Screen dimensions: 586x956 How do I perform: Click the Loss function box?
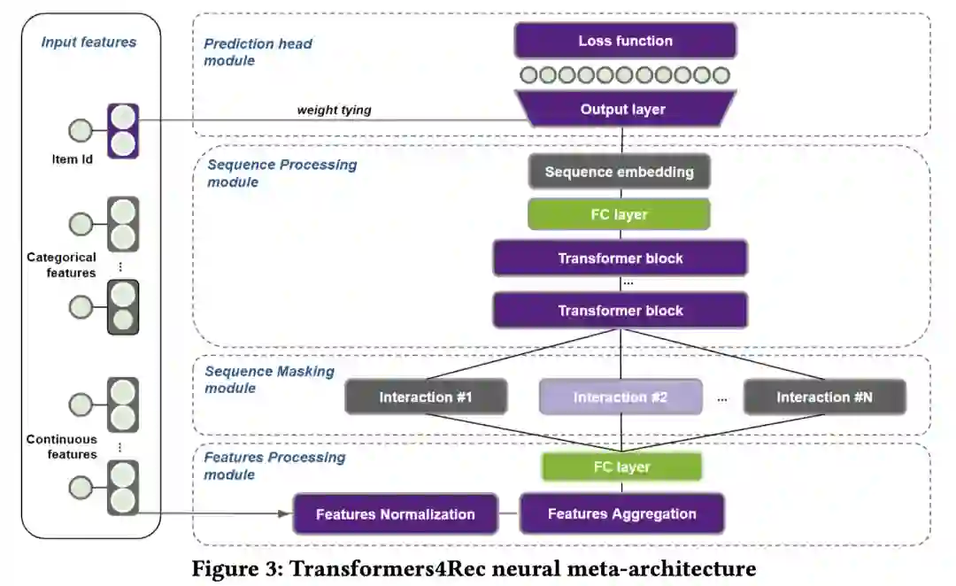tap(625, 41)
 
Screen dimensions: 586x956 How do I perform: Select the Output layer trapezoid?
tap(622, 109)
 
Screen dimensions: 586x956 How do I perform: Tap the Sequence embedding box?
tap(619, 172)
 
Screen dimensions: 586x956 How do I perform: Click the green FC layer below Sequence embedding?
tap(619, 214)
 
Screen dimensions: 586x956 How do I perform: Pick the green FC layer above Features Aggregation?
tap(621, 466)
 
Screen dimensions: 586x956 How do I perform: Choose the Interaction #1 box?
tap(426, 397)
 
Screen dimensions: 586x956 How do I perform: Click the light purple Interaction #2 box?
tap(620, 397)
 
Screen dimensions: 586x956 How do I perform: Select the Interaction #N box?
tap(824, 397)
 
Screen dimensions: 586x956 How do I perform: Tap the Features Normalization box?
tap(395, 514)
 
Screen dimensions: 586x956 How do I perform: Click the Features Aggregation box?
tap(621, 513)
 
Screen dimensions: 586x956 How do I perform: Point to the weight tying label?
tap(334, 110)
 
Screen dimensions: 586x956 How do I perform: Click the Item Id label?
tap(73, 159)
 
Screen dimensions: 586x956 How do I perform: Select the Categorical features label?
tap(61, 265)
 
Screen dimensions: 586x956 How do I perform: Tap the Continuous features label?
tap(61, 446)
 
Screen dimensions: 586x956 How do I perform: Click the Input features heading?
tap(89, 42)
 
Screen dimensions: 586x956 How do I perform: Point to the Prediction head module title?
tap(258, 51)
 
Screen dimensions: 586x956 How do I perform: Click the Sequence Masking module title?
tap(269, 380)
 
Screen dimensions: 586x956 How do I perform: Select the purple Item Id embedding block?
tap(123, 130)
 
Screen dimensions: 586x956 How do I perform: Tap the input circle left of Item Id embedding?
tap(81, 130)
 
